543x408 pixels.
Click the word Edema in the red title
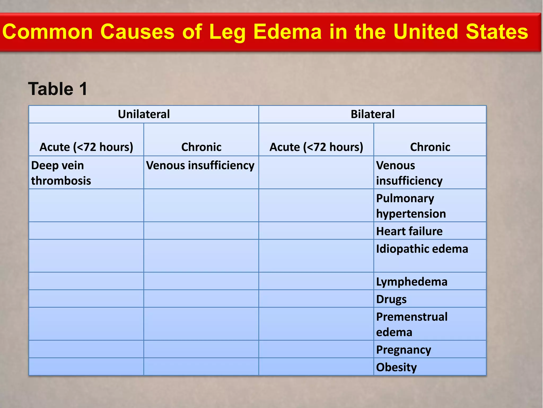287,32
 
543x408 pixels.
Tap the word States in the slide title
497,32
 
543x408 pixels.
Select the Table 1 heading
58,89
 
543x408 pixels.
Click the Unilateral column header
144,114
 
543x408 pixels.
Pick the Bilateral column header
373,114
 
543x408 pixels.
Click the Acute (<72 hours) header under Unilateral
86,147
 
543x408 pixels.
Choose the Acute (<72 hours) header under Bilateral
316,147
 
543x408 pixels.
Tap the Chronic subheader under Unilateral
201,147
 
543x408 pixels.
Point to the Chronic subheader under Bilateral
430,147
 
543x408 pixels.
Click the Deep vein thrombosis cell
61,173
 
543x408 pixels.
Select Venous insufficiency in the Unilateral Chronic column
200,165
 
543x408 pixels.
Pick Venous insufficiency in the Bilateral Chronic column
409,173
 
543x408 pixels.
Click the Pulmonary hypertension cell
411,206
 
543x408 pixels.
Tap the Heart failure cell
409,231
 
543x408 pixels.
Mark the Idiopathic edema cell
422,249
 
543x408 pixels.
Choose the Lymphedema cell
411,282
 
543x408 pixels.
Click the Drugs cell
391,299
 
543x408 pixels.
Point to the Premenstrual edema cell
411,324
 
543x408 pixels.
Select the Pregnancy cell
403,350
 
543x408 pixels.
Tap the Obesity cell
396,367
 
